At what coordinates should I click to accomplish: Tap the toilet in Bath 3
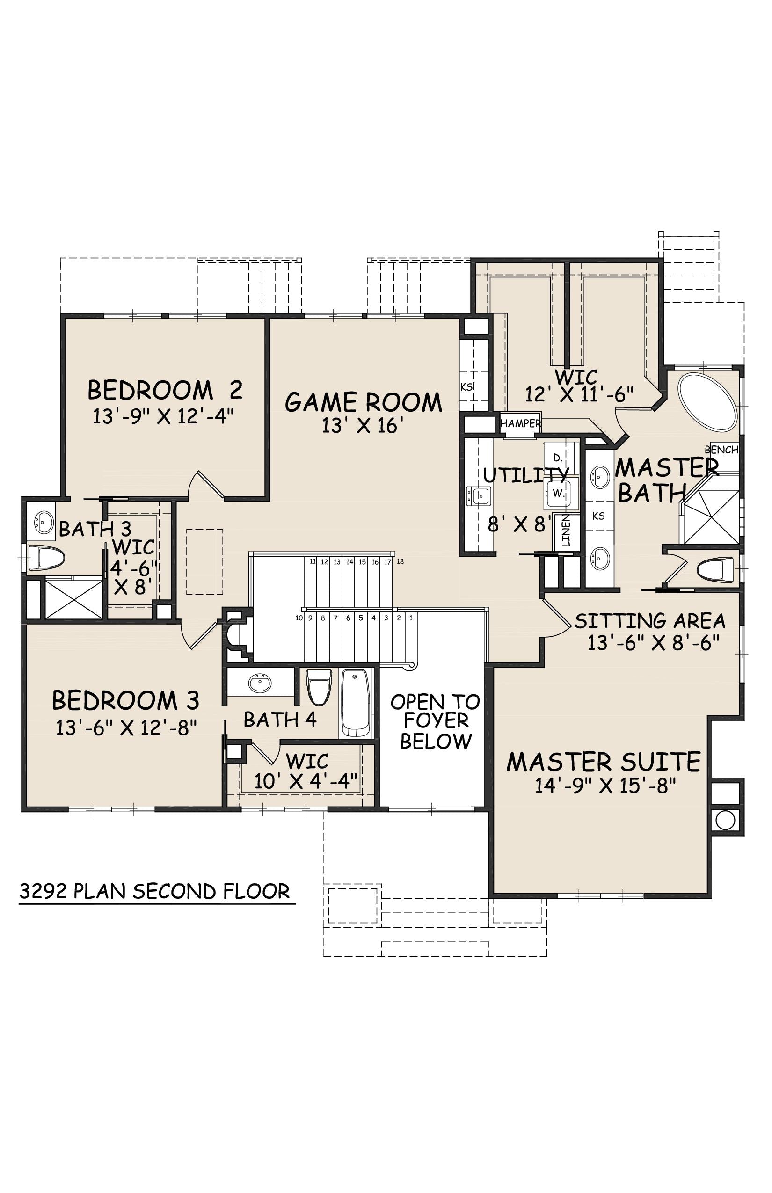(47, 559)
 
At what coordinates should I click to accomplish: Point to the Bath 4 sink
(260, 683)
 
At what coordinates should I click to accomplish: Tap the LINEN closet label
(566, 532)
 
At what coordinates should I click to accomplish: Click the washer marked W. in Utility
(559, 493)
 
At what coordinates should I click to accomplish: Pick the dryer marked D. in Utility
(559, 458)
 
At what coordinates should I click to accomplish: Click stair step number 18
(400, 562)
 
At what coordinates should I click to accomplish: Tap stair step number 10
(299, 618)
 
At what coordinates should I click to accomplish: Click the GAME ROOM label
(364, 402)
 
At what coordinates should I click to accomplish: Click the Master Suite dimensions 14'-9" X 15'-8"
(605, 786)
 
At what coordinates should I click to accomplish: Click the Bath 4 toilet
(319, 686)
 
